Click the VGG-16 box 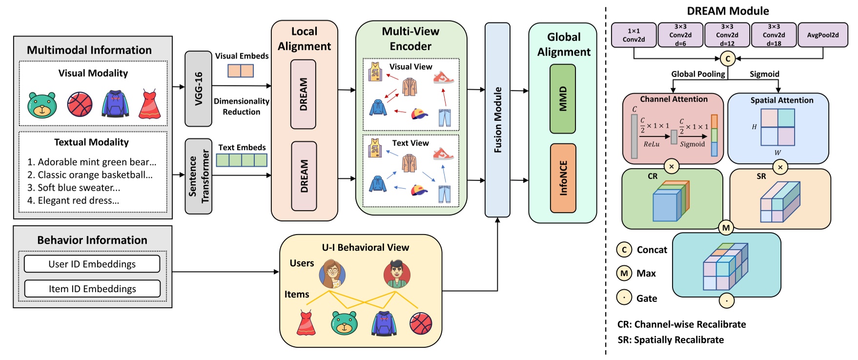(198, 88)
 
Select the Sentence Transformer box (198, 176)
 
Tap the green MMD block (563, 99)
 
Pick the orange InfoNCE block (563, 178)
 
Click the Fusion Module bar (497, 120)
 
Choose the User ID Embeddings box (92, 264)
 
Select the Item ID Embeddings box (92, 289)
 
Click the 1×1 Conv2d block (633, 35)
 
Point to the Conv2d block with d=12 (727, 35)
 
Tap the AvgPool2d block (822, 35)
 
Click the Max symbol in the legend (624, 273)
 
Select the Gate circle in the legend (624, 298)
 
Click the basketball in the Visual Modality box (80, 104)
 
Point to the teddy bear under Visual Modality (42, 105)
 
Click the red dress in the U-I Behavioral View (306, 323)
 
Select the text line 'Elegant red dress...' (73, 200)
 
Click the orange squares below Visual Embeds (241, 71)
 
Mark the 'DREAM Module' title (728, 11)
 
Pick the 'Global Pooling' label (698, 74)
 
